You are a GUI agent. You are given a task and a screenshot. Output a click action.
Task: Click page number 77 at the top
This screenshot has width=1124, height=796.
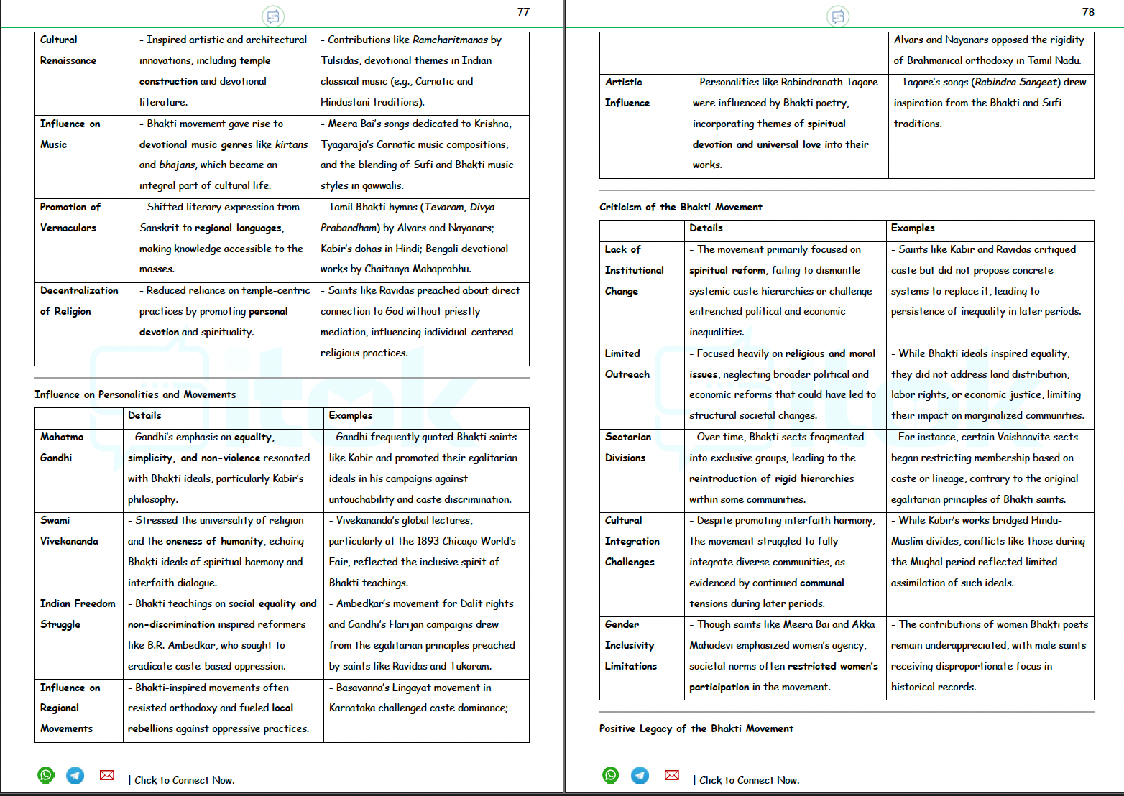523,12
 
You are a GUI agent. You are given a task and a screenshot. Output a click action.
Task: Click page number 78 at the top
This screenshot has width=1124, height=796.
1088,12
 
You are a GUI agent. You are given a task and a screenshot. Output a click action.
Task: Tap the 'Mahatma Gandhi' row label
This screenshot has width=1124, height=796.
62,447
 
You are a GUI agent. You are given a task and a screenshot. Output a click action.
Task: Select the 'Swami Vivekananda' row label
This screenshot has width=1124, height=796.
69,530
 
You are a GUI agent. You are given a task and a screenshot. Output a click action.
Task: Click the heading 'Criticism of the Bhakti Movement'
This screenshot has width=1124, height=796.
681,207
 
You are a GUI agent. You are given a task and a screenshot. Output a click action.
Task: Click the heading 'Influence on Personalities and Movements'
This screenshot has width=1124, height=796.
135,394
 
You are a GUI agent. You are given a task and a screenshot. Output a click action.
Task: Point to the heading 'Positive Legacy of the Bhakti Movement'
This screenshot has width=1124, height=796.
696,728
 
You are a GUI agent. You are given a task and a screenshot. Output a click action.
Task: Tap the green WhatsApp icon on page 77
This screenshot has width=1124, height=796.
46,775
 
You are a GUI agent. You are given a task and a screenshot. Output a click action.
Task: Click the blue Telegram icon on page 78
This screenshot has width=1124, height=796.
640,775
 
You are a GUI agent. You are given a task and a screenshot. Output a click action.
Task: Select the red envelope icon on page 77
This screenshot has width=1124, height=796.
107,775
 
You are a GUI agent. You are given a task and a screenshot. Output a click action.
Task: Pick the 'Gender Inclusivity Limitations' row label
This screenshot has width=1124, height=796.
630,645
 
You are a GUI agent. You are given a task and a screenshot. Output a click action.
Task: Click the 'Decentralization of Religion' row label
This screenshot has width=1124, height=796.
79,300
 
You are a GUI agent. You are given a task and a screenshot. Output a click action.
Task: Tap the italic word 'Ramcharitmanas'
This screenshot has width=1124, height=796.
450,40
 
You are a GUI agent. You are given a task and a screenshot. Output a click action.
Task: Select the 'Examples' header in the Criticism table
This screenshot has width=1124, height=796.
913,228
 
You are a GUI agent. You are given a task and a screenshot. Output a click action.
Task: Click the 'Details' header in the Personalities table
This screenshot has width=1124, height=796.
144,415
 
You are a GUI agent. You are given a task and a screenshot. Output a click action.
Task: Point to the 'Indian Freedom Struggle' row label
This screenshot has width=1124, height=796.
78,614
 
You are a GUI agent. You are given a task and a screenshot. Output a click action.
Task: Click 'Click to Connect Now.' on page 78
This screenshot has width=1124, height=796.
749,780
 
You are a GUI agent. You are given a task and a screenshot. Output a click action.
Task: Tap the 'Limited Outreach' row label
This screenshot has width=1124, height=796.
627,364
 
